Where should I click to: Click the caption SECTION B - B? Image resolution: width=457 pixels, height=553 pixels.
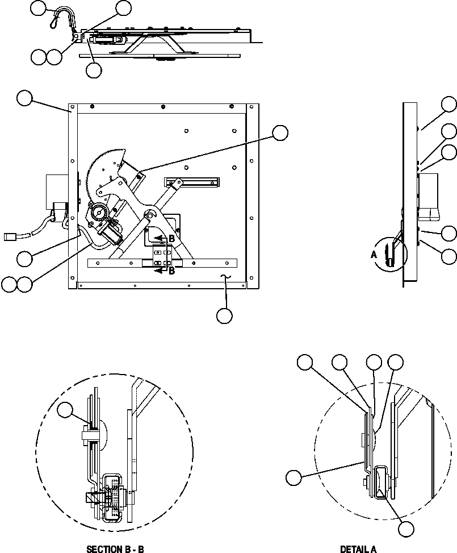point(115,549)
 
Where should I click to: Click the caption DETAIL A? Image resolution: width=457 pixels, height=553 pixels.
point(358,549)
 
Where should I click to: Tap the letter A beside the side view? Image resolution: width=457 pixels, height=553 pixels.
point(374,255)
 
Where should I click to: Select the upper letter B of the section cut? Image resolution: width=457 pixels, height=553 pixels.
point(171,239)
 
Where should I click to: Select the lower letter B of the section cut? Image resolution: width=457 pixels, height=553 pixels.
point(171,271)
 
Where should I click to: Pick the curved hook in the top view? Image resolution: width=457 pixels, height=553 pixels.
point(64,17)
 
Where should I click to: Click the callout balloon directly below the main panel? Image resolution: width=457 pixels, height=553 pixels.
point(225,316)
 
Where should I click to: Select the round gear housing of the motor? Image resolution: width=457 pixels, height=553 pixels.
point(99,213)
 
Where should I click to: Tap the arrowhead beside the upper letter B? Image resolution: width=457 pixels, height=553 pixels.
point(161,239)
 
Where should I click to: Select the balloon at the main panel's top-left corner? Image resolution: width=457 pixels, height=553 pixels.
point(24,98)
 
